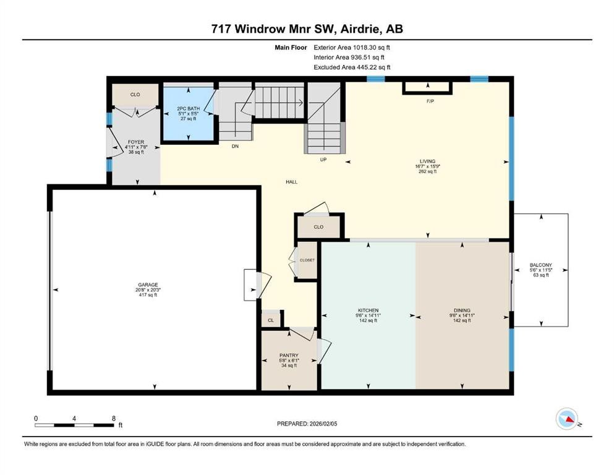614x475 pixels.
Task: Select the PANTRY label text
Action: pos(289,355)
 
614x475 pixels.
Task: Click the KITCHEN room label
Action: pos(368,310)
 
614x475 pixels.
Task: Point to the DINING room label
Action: pos(462,310)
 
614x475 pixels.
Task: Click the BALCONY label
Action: pos(540,265)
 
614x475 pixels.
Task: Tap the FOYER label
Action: pos(135,142)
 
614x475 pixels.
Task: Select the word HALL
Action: pos(292,182)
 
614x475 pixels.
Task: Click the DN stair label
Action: pos(235,147)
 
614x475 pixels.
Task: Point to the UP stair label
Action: pos(322,160)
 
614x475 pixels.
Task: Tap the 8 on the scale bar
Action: pos(113,418)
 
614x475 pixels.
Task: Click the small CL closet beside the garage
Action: pos(270,320)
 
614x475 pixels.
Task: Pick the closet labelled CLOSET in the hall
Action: pos(307,260)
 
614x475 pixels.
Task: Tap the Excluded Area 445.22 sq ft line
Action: pos(352,67)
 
